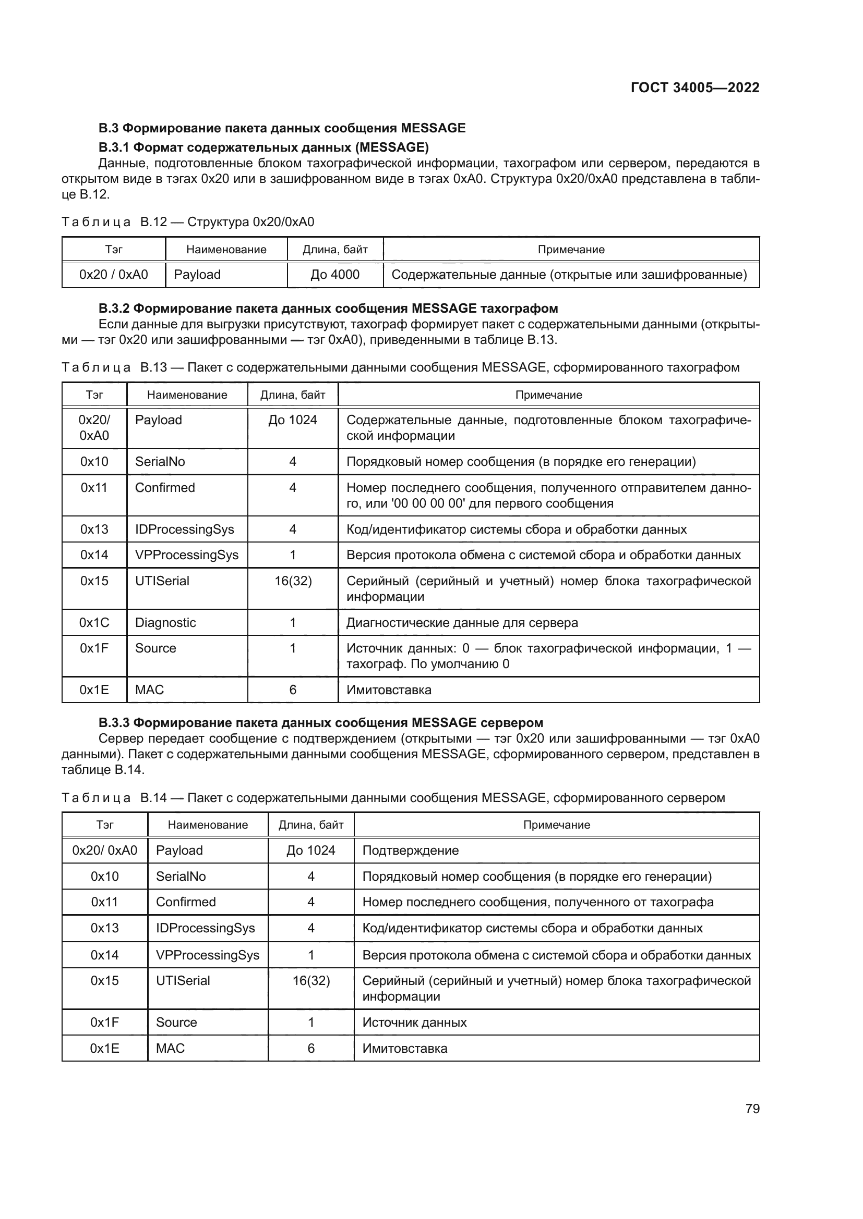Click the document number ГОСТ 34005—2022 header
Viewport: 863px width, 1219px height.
click(x=694, y=88)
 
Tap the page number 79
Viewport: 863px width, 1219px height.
click(x=752, y=1109)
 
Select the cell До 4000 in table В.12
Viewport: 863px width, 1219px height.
click(x=335, y=275)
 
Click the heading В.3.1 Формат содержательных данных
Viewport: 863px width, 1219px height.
click(x=263, y=146)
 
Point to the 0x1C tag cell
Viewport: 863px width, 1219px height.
click(x=94, y=622)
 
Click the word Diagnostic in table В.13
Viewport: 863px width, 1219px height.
click(x=165, y=622)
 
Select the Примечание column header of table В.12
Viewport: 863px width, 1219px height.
click(x=571, y=250)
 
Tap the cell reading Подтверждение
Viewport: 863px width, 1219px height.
click(x=410, y=850)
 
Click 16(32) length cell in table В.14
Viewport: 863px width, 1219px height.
click(x=311, y=981)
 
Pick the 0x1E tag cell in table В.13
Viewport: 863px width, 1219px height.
click(x=94, y=689)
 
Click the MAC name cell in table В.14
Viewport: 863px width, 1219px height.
click(x=170, y=1048)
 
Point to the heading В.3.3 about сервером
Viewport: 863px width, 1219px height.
click(x=321, y=722)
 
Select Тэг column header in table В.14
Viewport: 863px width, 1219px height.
click(x=105, y=824)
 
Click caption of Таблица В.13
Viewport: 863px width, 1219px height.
click(x=400, y=367)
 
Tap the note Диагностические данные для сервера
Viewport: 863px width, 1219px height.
click(x=462, y=622)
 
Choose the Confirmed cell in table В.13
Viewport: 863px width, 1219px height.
click(x=165, y=487)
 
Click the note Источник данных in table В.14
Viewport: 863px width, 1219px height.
click(x=414, y=1022)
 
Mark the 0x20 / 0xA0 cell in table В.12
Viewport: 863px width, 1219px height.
click(x=113, y=275)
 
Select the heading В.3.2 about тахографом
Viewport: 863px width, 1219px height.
click(x=328, y=308)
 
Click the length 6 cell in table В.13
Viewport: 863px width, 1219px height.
click(x=292, y=689)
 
